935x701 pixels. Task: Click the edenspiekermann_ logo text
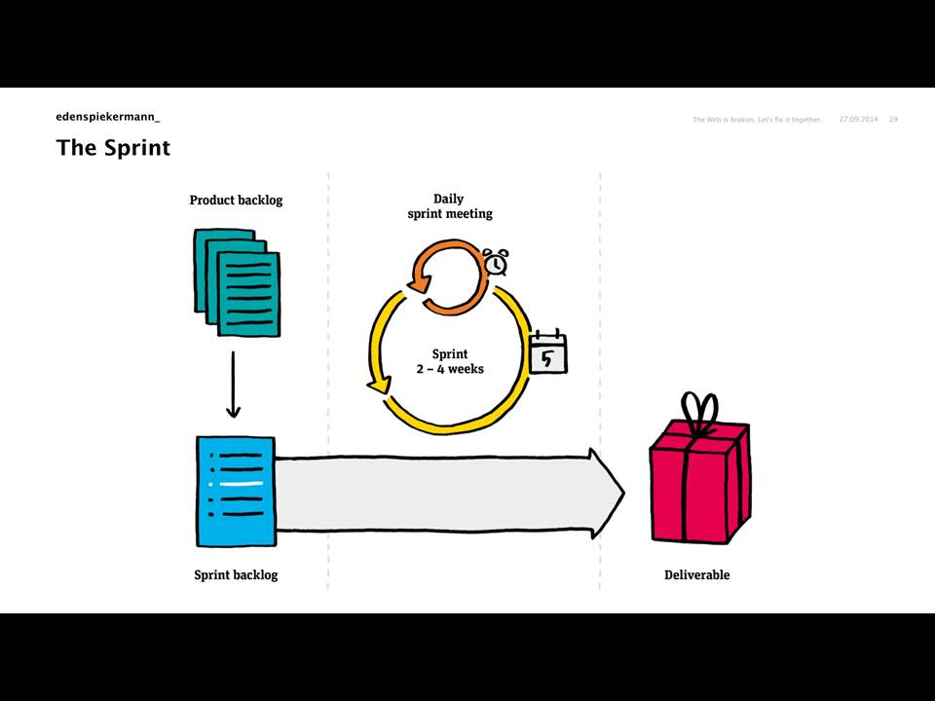click(x=108, y=117)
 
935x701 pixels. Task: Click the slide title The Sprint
click(x=113, y=147)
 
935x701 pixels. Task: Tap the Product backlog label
click(x=236, y=201)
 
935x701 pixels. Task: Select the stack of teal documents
click(x=237, y=282)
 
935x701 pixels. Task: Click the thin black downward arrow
click(x=233, y=385)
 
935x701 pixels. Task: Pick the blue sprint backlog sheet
click(x=236, y=491)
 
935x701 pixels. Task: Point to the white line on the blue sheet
click(x=241, y=484)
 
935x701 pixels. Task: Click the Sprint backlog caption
click(x=236, y=575)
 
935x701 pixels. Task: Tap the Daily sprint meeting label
click(x=450, y=206)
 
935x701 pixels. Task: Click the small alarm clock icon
click(x=496, y=262)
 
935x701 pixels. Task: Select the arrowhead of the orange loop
click(x=419, y=281)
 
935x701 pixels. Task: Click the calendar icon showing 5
click(x=548, y=352)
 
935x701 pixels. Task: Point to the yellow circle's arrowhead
click(x=379, y=385)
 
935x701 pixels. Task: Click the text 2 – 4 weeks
click(x=450, y=369)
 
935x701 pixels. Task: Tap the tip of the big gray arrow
click(x=624, y=493)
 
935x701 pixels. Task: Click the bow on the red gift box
click(x=699, y=411)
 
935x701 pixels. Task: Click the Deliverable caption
click(x=697, y=575)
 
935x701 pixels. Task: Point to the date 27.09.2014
click(x=858, y=119)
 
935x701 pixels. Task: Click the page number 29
click(x=893, y=119)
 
